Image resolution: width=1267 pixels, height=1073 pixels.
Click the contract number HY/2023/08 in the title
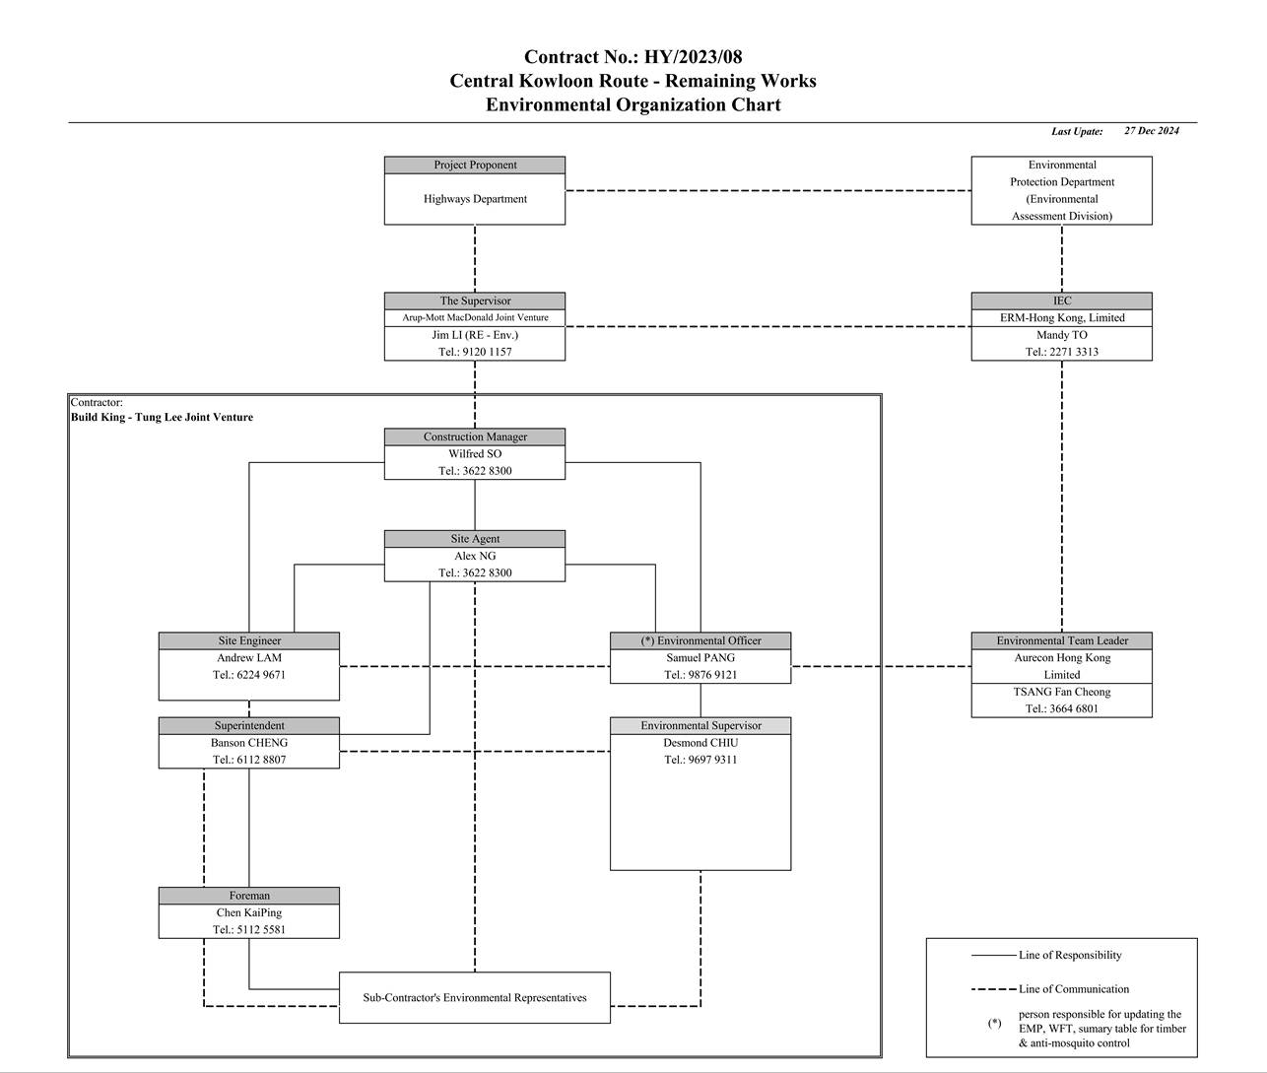coord(693,57)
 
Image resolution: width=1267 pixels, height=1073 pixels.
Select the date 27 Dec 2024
coord(1151,131)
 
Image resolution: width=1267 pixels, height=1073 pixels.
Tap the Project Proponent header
coord(475,166)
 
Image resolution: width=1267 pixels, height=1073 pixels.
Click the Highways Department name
coord(475,199)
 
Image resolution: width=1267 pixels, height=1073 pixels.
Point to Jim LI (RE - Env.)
coord(475,335)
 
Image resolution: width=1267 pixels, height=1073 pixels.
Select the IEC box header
coord(1061,301)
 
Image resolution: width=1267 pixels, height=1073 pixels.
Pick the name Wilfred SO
coord(475,454)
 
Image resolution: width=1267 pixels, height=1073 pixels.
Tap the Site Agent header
coord(475,539)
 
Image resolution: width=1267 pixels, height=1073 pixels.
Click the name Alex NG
coord(475,556)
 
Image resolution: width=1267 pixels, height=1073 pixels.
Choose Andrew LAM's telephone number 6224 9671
coord(261,675)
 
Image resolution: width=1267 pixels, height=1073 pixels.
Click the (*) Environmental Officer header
coord(700,640)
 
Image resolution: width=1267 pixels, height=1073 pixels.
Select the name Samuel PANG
coord(700,658)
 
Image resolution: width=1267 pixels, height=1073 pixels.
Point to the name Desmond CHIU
coord(700,743)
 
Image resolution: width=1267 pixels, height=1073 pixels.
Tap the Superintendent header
coord(249,726)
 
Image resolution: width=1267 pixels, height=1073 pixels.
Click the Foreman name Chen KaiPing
coord(249,912)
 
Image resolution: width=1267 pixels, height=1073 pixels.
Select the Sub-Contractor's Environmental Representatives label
coord(474,998)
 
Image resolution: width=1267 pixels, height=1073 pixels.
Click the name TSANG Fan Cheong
coord(1061,692)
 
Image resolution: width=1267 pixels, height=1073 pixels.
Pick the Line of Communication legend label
coord(1074,989)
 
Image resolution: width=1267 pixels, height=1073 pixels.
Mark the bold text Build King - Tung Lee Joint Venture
coord(162,417)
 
